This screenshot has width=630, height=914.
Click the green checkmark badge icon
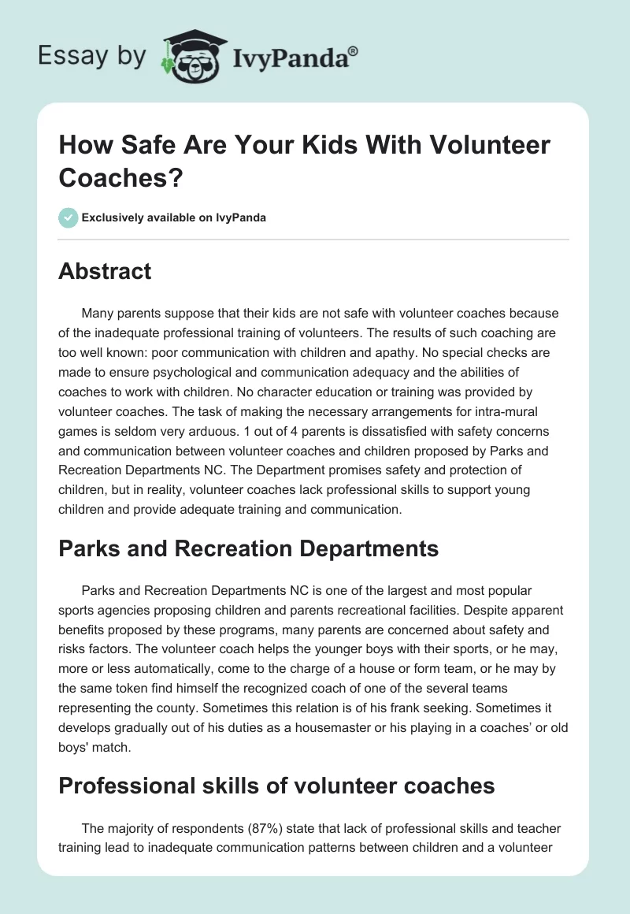click(69, 217)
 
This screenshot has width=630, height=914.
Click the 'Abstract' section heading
click(105, 271)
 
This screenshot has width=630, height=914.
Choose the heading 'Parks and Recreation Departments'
click(249, 550)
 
